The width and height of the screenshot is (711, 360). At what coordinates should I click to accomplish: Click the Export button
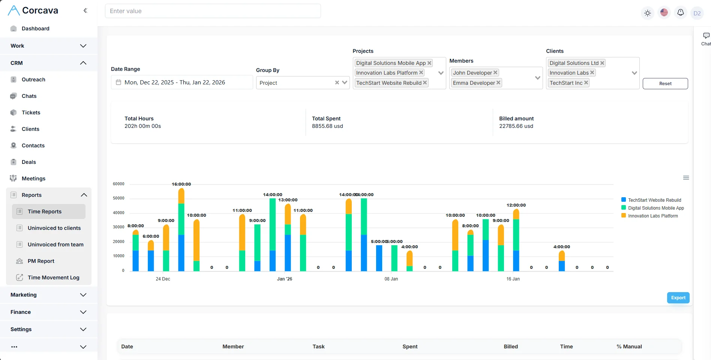coord(678,298)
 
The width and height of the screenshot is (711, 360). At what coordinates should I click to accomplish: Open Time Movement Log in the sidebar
coord(53,277)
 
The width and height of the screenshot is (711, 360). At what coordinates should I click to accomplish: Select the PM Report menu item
coord(41,261)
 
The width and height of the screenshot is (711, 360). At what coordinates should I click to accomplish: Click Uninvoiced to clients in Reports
coord(54,228)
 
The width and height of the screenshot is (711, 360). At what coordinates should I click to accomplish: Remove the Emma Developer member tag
coord(498,83)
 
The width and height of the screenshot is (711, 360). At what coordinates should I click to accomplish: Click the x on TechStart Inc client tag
coord(586,83)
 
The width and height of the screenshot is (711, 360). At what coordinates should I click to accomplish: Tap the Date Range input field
coord(182,82)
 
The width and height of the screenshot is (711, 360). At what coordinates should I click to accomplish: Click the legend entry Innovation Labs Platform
coord(652,216)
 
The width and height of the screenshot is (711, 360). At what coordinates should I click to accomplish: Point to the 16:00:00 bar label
coord(181,184)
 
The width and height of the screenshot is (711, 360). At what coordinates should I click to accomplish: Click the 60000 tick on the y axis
coord(118,184)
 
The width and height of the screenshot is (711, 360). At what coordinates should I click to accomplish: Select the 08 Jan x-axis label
coord(391,279)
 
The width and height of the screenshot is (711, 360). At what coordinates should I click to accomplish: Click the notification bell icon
coord(680,13)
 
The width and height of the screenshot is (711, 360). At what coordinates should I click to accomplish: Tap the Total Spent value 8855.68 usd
coord(327,126)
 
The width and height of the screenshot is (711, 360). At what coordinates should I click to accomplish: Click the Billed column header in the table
coord(510,346)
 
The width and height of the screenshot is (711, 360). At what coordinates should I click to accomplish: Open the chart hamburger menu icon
coord(686,178)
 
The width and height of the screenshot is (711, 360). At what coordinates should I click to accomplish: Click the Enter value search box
coord(213,11)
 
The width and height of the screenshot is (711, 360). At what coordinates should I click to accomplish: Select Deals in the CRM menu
coord(29,162)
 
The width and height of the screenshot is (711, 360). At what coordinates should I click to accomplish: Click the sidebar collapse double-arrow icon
coord(85,10)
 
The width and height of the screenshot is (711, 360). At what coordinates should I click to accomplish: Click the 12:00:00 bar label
coord(516,205)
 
